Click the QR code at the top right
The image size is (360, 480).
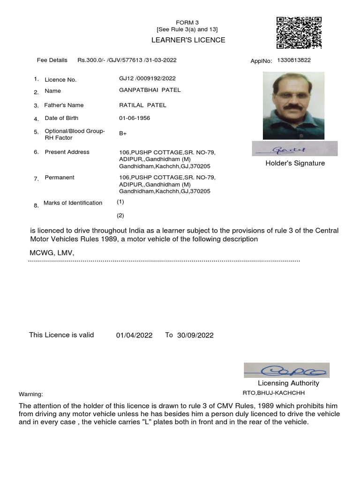click(299, 33)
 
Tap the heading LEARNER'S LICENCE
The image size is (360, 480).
click(188, 40)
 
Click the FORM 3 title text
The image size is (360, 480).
click(187, 22)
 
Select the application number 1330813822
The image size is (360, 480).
click(294, 60)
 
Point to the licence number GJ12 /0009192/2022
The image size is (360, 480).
click(148, 78)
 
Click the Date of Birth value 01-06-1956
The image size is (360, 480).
click(135, 118)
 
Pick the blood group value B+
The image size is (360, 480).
click(123, 134)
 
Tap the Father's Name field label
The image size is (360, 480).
click(64, 105)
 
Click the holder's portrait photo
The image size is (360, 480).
click(293, 105)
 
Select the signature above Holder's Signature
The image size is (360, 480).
click(294, 149)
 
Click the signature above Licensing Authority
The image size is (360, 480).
click(286, 370)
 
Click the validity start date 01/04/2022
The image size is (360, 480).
click(134, 335)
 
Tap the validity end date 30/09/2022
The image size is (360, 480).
click(195, 335)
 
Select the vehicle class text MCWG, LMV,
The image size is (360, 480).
click(52, 253)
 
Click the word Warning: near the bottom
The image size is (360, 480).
click(30, 394)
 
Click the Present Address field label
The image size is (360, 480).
click(67, 152)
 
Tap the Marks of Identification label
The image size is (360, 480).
click(73, 203)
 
